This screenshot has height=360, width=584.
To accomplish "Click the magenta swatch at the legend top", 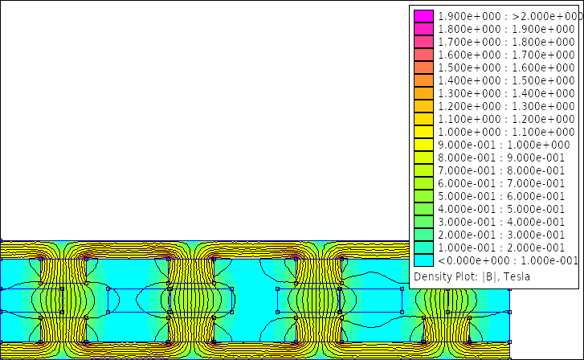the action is [423, 16].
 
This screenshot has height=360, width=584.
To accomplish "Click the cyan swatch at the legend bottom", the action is [423, 260].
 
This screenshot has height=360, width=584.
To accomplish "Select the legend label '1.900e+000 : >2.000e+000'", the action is [510, 16].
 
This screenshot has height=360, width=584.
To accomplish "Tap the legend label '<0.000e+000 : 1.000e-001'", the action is [508, 260].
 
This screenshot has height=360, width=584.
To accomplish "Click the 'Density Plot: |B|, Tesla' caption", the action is [472, 276].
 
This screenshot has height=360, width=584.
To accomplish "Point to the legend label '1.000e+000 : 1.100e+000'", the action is [506, 132].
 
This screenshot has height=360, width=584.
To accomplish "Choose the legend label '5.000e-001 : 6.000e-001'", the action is [501, 196].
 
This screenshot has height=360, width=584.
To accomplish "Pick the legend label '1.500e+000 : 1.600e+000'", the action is [506, 67].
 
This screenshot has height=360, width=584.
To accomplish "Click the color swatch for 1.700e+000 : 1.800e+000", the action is [423, 42].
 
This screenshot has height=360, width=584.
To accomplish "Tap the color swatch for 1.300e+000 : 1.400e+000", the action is [423, 93].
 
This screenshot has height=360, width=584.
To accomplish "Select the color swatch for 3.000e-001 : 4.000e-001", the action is [423, 222].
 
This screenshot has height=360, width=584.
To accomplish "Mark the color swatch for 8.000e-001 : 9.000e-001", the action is [423, 157].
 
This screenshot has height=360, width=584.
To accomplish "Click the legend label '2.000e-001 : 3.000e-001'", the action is [501, 235].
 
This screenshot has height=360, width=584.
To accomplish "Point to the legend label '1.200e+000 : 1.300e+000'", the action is [506, 106].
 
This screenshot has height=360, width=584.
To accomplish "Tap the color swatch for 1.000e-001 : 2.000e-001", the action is [423, 247].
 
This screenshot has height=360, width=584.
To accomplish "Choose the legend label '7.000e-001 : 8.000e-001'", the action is [501, 170].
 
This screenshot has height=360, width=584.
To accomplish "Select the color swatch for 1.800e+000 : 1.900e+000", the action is [423, 29].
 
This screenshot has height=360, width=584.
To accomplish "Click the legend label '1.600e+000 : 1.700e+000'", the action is [506, 55].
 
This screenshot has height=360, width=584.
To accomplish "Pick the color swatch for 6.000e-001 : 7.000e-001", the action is [423, 183].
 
